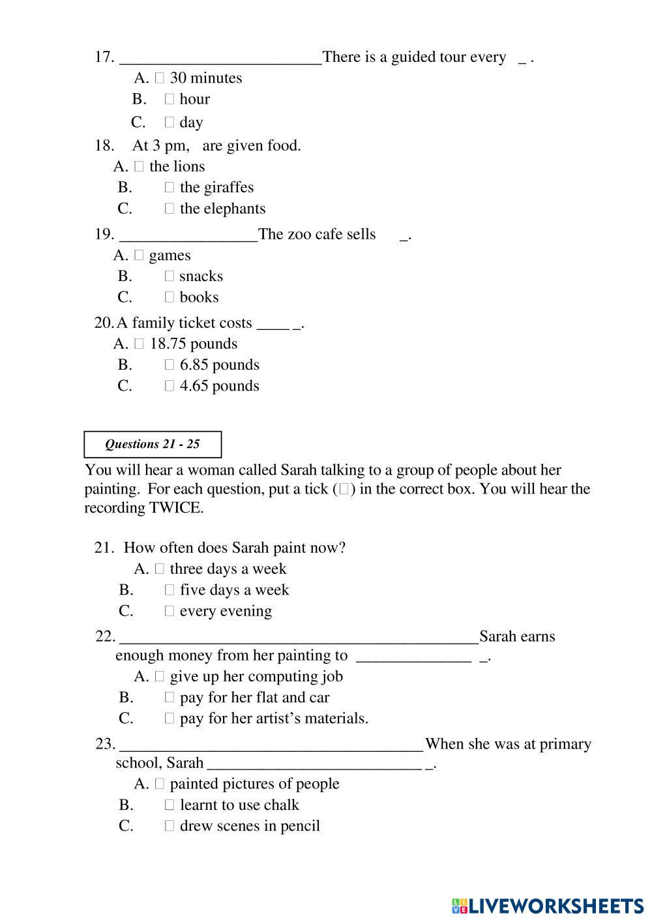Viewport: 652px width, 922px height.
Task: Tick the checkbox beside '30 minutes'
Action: (160, 78)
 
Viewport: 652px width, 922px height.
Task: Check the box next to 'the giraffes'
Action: (170, 188)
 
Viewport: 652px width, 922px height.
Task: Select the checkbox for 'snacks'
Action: (170, 276)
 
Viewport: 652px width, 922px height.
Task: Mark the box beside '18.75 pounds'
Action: (139, 344)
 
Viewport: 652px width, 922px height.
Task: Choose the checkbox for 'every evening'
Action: (170, 611)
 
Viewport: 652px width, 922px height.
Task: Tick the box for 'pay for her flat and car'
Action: (170, 698)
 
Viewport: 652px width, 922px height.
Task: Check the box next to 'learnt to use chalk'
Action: (170, 805)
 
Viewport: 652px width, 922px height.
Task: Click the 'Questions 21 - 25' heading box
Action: (153, 444)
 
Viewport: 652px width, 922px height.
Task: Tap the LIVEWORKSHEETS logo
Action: (547, 906)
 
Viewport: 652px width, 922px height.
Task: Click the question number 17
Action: (104, 57)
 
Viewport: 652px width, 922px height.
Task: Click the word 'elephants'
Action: (234, 209)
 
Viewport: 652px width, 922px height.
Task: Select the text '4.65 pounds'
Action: (219, 386)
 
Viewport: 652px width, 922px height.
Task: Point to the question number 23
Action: (105, 744)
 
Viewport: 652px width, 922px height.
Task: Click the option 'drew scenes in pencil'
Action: (250, 826)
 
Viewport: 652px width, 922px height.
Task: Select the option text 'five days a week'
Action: (234, 590)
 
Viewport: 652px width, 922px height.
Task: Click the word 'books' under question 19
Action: (199, 297)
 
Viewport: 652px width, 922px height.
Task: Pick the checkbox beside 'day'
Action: (170, 122)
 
